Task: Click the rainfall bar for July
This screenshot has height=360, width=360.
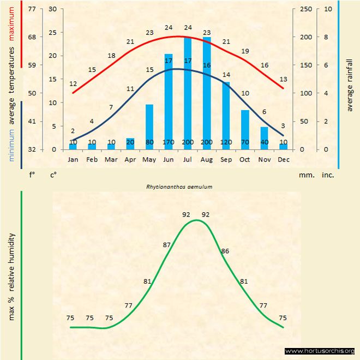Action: coord(188,93)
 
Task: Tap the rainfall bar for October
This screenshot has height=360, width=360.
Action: coord(245,129)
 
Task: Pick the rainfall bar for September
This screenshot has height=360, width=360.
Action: coord(226,115)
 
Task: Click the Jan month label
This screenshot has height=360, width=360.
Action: coord(73,159)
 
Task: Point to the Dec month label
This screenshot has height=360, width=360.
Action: coord(283,159)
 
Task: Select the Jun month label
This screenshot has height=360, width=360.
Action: coord(168,159)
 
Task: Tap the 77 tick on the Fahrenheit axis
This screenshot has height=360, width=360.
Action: coord(32,9)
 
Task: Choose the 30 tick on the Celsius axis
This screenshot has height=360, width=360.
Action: coord(52,9)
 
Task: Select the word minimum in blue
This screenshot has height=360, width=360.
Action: coord(12,144)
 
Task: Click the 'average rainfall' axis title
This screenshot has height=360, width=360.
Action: coord(350,83)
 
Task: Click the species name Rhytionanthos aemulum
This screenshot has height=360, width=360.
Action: coord(179,187)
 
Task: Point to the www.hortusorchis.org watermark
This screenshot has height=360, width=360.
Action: coord(320,351)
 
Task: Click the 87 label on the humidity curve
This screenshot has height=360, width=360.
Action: coord(167,245)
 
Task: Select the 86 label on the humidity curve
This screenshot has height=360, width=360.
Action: coord(225,251)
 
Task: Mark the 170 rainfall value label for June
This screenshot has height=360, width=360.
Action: coord(168,142)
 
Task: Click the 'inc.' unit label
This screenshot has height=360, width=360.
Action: coord(328,175)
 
